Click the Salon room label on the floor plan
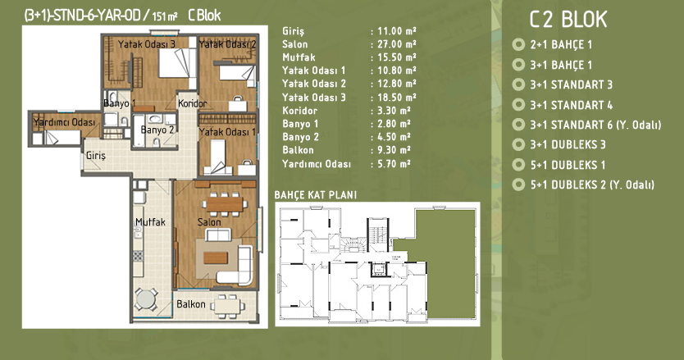pyautogui.click(x=209, y=222)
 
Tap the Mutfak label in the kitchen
pyautogui.click(x=151, y=222)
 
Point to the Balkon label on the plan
pyautogui.click(x=190, y=304)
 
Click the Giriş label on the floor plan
pyautogui.click(x=95, y=156)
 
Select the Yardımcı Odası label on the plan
pyautogui.click(x=64, y=122)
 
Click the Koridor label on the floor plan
pyautogui.click(x=193, y=104)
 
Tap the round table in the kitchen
pyautogui.click(x=146, y=299)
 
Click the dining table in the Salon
pyautogui.click(x=224, y=204)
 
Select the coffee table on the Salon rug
pyautogui.click(x=216, y=257)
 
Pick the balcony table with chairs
pyautogui.click(x=227, y=304)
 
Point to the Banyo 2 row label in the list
pyautogui.click(x=300, y=137)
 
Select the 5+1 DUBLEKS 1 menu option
pyautogui.click(x=568, y=165)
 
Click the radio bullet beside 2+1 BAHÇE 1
pyautogui.click(x=518, y=44)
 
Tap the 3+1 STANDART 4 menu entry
pyautogui.click(x=571, y=105)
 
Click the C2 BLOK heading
pyautogui.click(x=568, y=20)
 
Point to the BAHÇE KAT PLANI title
pyautogui.click(x=316, y=195)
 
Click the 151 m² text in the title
pyautogui.click(x=165, y=16)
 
